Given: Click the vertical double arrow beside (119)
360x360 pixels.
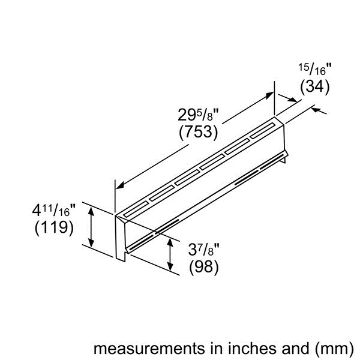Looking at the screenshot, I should click(x=91, y=226).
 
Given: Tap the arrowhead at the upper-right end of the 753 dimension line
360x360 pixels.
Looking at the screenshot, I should click(x=269, y=95).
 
